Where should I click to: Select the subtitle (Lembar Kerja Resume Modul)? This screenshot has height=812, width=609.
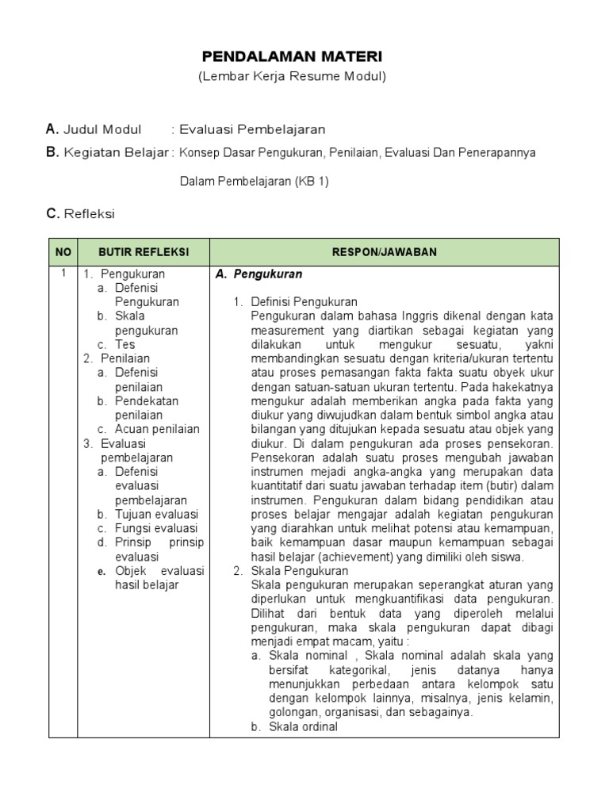[x=292, y=77]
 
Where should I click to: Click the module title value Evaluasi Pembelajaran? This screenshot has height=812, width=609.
[x=252, y=129]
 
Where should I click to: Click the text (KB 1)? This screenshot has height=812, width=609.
[x=312, y=182]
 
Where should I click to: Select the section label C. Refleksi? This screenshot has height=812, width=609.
[x=80, y=213]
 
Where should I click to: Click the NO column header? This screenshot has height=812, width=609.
[x=63, y=251]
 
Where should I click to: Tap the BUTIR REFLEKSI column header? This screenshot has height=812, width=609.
[x=143, y=251]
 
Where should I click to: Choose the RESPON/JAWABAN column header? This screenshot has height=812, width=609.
[x=384, y=251]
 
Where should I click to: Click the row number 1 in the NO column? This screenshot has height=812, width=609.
[x=63, y=274]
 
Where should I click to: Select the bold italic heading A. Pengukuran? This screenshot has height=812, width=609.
[x=259, y=274]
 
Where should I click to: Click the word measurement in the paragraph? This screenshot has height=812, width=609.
[x=287, y=331]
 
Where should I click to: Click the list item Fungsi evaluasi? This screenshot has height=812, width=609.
[x=156, y=529]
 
